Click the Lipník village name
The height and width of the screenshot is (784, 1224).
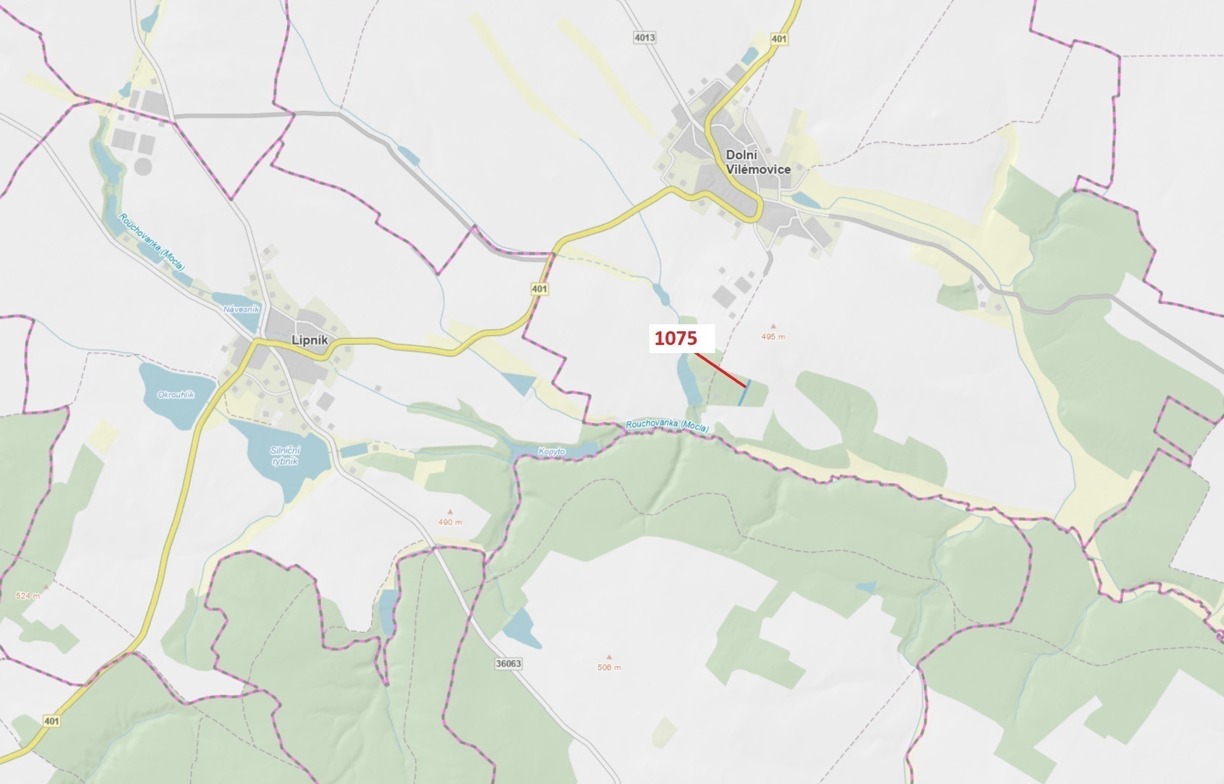point(310,340)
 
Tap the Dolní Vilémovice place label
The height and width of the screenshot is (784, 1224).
point(758,162)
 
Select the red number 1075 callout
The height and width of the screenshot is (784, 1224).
point(675,338)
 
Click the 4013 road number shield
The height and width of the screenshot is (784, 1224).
point(644,38)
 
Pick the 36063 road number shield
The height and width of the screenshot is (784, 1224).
point(508,663)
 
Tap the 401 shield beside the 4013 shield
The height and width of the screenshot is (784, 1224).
point(779,39)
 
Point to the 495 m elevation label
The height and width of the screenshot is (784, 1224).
point(773,337)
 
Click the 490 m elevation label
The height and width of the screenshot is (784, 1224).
point(450,522)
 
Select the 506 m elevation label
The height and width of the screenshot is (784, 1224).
point(609,668)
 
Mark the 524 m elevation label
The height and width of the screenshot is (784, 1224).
point(28,596)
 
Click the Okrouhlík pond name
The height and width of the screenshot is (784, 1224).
point(176,395)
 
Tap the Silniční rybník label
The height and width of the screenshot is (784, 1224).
point(285,456)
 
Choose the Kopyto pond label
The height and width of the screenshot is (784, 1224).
point(551,452)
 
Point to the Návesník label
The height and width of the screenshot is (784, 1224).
point(242,309)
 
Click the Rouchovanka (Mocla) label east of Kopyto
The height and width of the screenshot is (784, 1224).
point(667,426)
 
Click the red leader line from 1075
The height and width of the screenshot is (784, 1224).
point(719,370)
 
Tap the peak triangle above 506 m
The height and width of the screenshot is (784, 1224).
point(609,657)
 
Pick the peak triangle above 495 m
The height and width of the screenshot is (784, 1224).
point(773,326)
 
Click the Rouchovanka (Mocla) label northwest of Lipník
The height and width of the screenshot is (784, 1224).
point(152,242)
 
